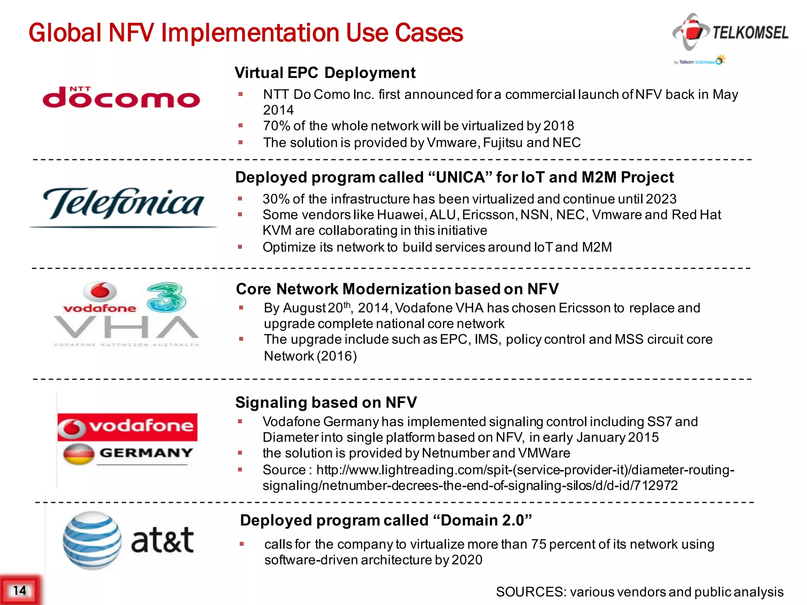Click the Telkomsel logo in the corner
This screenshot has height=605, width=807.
(730, 33)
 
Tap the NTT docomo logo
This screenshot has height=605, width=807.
(121, 97)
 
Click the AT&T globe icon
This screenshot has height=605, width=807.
(92, 540)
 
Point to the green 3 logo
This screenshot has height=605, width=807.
(166, 297)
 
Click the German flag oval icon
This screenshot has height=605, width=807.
(79, 454)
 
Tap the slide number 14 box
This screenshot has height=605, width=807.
(19, 590)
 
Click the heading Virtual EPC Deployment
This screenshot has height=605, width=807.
(325, 73)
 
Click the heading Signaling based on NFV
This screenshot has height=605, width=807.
(326, 403)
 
